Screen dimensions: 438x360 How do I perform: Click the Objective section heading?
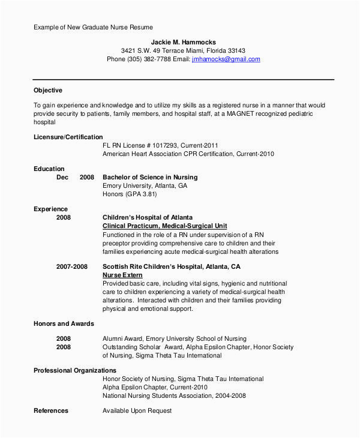[x=48, y=91]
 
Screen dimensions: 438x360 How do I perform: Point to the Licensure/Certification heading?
[x=68, y=137]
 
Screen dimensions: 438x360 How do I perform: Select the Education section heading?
[x=49, y=169]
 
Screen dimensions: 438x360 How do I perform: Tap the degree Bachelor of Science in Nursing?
[x=150, y=178]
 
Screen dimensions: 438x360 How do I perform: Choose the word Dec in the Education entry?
[x=62, y=178]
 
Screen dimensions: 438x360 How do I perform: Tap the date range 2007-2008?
[x=71, y=266]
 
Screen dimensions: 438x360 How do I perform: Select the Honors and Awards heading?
[x=64, y=323]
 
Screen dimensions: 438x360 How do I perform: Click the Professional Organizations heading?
[x=75, y=371]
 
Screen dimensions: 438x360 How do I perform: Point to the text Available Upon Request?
[x=137, y=411]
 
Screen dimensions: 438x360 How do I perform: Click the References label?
[x=51, y=411]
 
